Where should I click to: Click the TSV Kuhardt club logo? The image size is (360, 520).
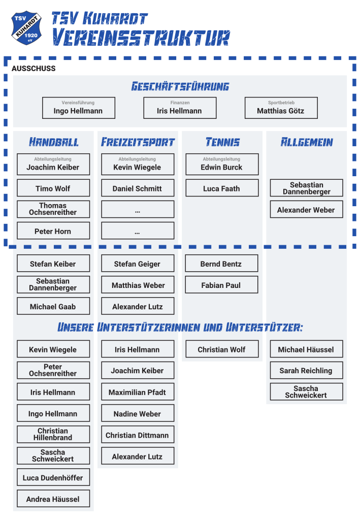26,28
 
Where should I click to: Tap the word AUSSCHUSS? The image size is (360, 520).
34,69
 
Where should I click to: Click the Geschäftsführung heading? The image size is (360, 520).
180,86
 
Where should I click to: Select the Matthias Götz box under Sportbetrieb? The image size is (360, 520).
281,108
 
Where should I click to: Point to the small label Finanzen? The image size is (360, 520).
180,103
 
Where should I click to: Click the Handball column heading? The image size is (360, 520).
54,142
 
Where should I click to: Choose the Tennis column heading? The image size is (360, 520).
222,142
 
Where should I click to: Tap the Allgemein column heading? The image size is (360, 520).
307,142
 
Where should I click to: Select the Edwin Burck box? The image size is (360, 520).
222,164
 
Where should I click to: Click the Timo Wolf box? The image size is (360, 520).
53,188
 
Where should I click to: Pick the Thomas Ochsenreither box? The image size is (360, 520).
53,209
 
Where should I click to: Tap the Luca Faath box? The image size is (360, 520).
222,188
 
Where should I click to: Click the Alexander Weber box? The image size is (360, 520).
307,209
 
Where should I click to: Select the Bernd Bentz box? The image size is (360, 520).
221,264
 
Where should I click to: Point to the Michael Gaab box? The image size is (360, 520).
53,306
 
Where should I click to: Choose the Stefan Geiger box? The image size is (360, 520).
138,264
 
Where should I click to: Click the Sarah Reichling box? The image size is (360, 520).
307,370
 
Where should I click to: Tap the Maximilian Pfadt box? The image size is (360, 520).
138,392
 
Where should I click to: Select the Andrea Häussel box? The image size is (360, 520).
53,499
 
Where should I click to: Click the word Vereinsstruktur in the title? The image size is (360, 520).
141,37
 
